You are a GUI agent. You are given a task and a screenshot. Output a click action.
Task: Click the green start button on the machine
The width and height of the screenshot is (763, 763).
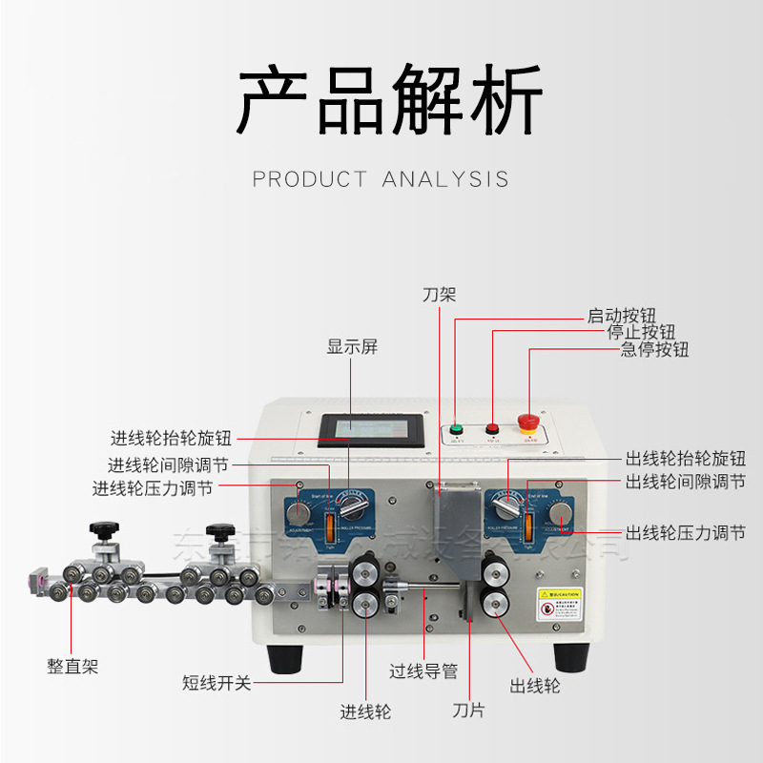[x=456, y=428]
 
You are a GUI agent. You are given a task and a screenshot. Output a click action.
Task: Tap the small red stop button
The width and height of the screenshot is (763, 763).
[x=492, y=428]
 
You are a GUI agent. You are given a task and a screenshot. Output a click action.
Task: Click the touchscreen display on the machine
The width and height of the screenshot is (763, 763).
[x=367, y=430]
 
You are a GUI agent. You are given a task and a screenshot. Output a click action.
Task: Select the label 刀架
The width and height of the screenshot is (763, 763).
[x=439, y=294]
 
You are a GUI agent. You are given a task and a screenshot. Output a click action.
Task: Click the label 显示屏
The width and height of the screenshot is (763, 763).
[x=352, y=347]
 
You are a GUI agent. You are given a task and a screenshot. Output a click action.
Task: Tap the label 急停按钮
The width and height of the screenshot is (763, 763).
[x=654, y=349]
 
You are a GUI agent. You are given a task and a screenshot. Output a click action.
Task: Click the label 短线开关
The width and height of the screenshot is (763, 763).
[x=217, y=683]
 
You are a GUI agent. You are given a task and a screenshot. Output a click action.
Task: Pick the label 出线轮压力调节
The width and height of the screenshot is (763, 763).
[x=685, y=532]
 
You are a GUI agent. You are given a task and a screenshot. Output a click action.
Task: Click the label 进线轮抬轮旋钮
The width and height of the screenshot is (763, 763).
[x=171, y=439]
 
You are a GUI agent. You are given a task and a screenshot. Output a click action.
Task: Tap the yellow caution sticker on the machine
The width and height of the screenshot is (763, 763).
[x=558, y=605]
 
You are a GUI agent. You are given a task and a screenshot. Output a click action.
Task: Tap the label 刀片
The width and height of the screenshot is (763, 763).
[x=468, y=711]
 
